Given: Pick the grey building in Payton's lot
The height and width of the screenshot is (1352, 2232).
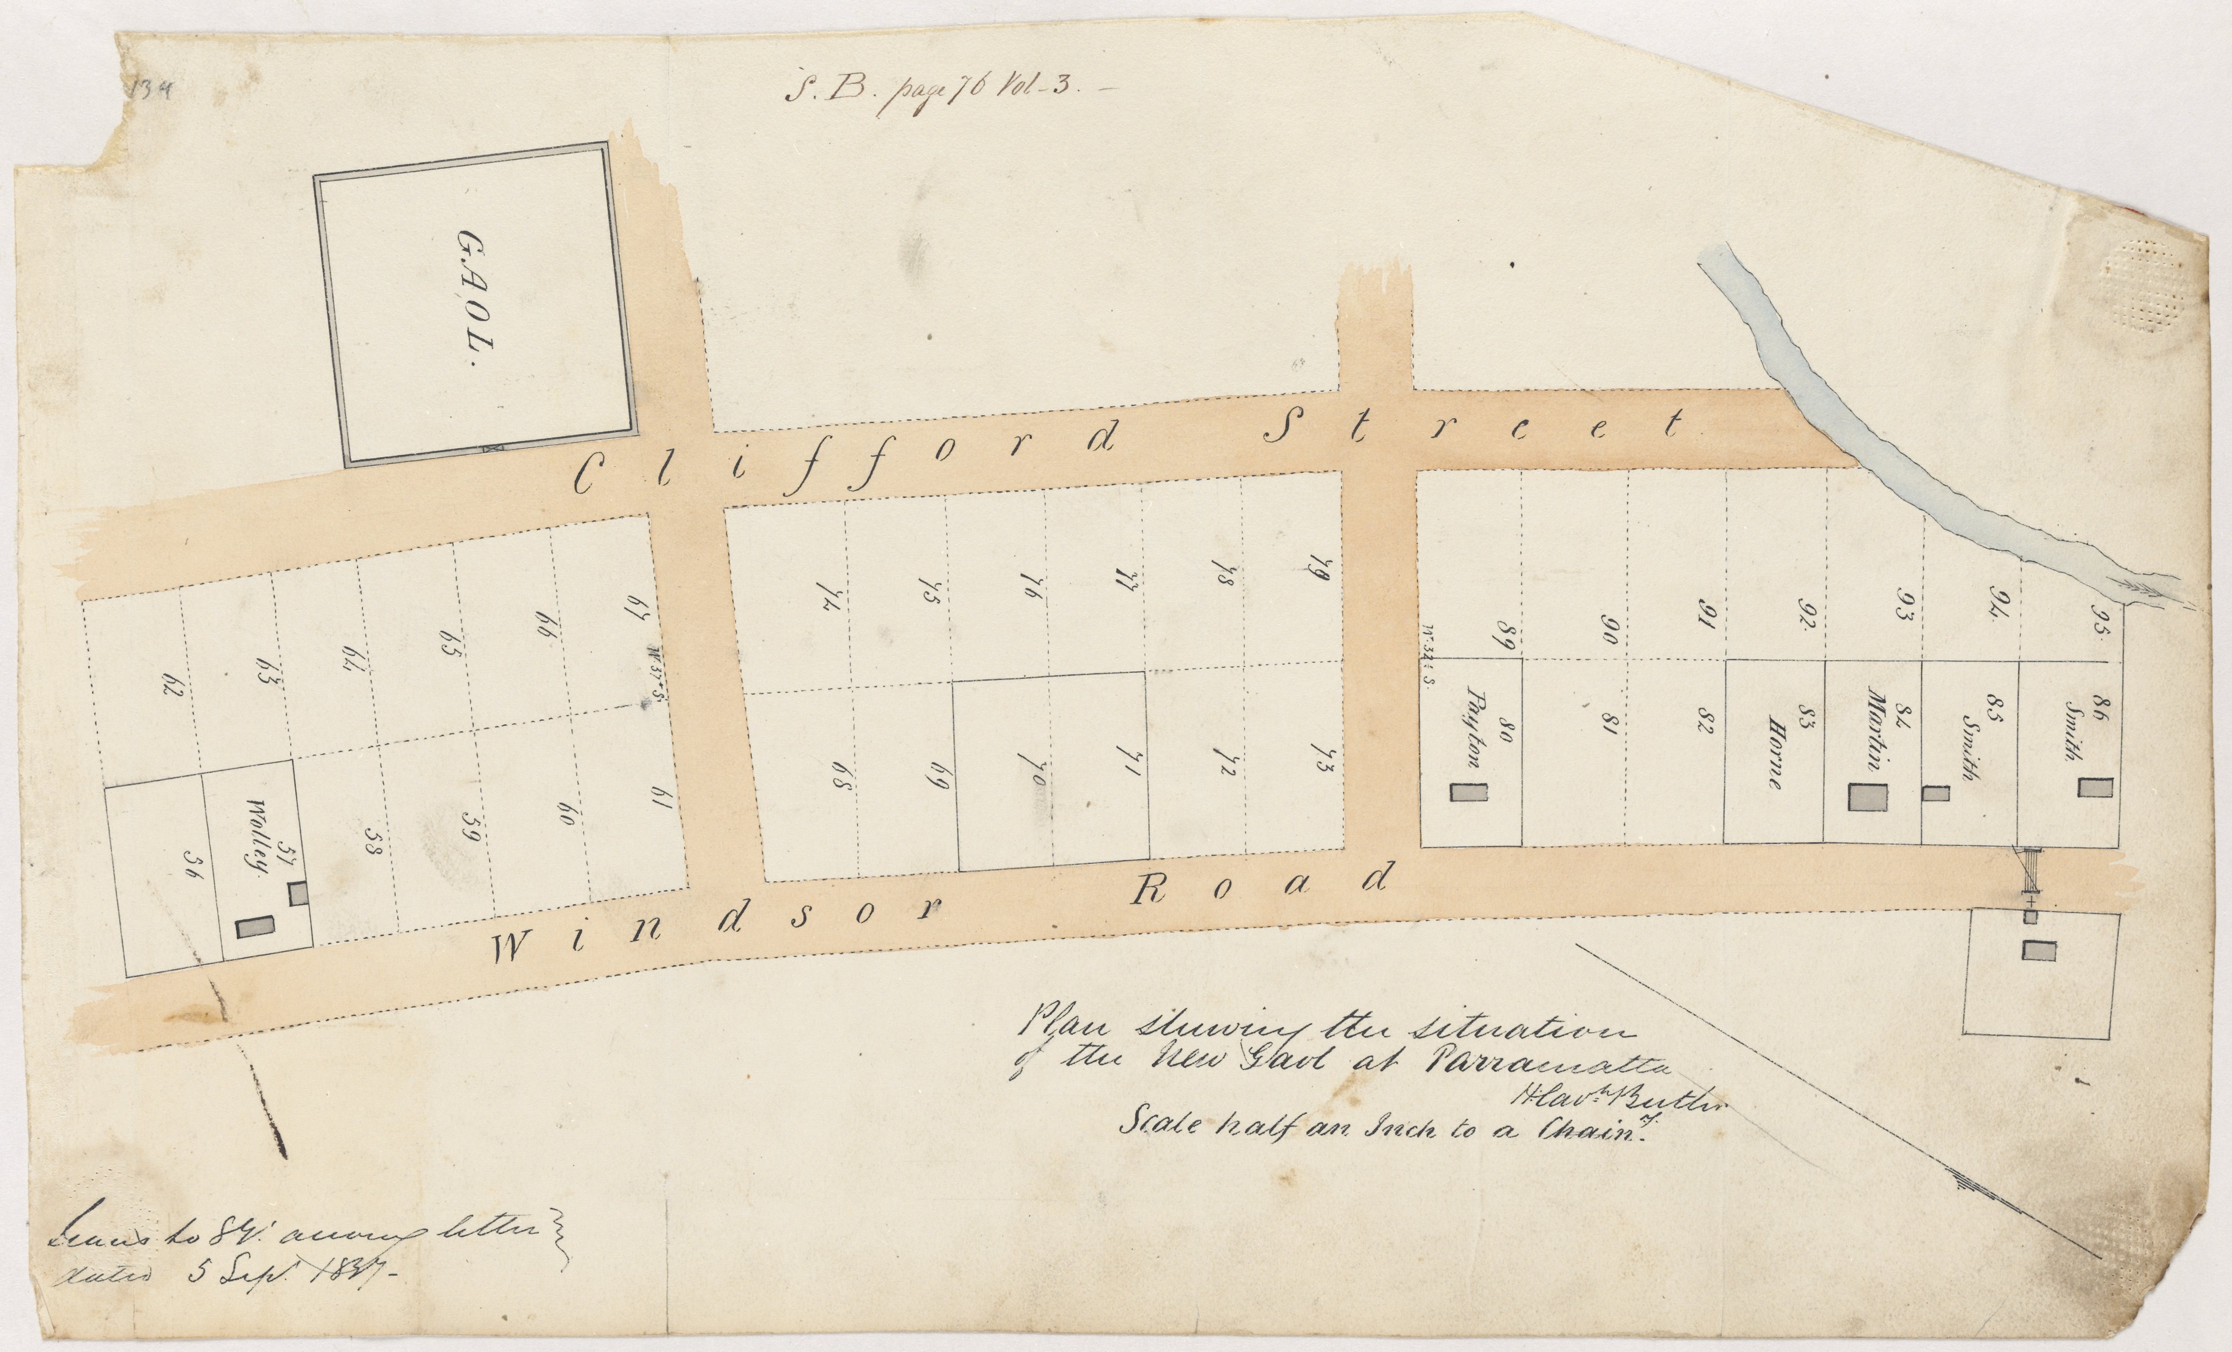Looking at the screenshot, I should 1469,792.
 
